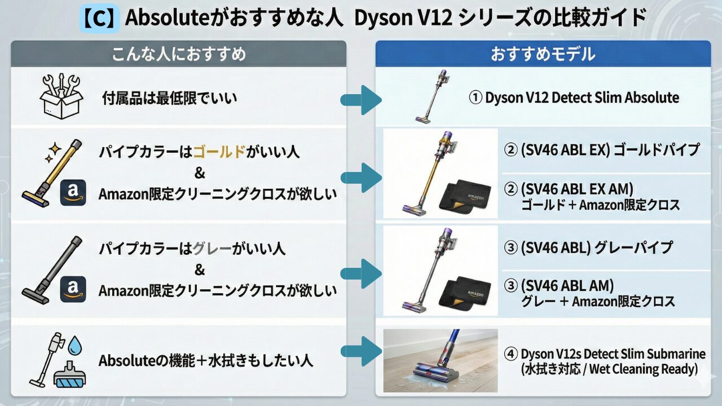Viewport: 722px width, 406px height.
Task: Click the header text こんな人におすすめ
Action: click(x=179, y=54)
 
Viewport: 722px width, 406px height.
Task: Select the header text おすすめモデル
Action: click(x=543, y=54)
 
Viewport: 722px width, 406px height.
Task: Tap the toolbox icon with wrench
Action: click(x=61, y=97)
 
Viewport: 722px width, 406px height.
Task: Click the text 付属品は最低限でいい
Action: click(x=169, y=99)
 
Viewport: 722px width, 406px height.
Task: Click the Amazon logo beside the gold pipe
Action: click(x=73, y=192)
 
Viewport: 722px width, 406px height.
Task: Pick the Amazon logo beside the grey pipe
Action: click(x=73, y=289)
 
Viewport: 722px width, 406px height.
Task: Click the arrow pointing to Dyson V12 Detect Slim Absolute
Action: click(x=361, y=100)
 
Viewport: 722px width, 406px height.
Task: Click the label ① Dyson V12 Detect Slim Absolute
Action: click(x=574, y=98)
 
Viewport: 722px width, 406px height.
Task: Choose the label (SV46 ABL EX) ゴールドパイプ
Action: click(x=601, y=150)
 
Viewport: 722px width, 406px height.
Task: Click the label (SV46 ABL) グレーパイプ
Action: click(x=588, y=247)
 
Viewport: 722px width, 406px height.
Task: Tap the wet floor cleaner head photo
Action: click(x=441, y=361)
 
